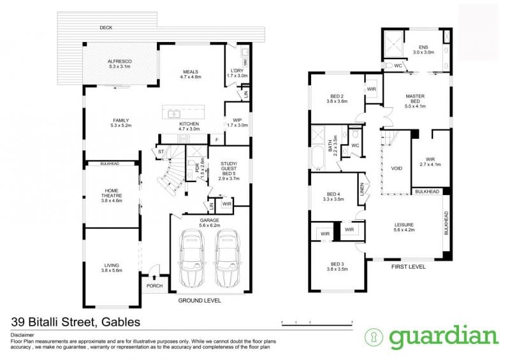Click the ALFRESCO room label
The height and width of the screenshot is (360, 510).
(120, 61)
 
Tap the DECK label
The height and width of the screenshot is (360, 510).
(106, 27)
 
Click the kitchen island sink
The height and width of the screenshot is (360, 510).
(174, 114)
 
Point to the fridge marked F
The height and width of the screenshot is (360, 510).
(217, 140)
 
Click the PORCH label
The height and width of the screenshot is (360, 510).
(154, 286)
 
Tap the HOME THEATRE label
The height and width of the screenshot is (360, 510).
(112, 193)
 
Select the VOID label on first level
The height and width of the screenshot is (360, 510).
(397, 168)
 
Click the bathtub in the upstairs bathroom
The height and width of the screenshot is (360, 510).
(317, 158)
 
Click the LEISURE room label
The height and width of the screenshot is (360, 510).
(404, 225)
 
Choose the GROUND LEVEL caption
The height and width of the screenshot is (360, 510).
(200, 301)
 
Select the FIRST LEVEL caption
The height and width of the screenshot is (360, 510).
(408, 267)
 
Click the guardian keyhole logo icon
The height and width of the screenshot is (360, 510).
(374, 337)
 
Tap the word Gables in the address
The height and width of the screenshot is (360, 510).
(121, 322)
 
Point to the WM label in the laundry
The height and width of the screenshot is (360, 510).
(244, 62)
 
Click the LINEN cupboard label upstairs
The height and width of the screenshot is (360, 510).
(361, 189)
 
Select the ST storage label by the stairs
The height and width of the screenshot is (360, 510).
(161, 152)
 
